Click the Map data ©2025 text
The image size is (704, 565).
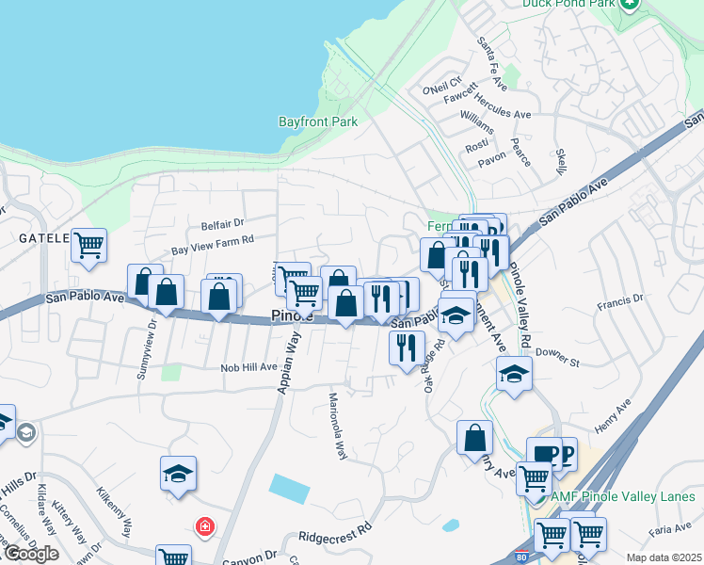(x=663, y=557)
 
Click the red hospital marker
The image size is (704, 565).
(x=203, y=526)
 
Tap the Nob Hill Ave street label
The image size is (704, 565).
(x=249, y=367)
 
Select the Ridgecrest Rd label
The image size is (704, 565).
(x=335, y=535)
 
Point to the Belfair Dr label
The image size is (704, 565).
(x=222, y=224)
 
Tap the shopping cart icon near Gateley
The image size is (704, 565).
(x=88, y=246)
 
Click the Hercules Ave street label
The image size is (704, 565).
(x=503, y=111)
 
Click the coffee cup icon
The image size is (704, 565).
(x=543, y=454)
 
